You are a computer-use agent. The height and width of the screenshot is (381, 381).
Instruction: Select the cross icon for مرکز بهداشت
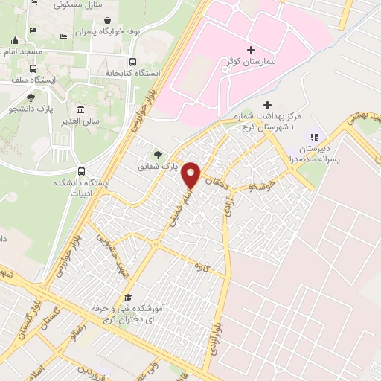(x=268, y=105)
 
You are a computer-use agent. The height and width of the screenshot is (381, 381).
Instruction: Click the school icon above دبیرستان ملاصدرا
(x=313, y=137)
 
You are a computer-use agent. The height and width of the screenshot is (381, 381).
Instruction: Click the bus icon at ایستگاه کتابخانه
(x=133, y=62)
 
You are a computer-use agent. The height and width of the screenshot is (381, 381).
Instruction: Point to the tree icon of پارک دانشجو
(x=30, y=97)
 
